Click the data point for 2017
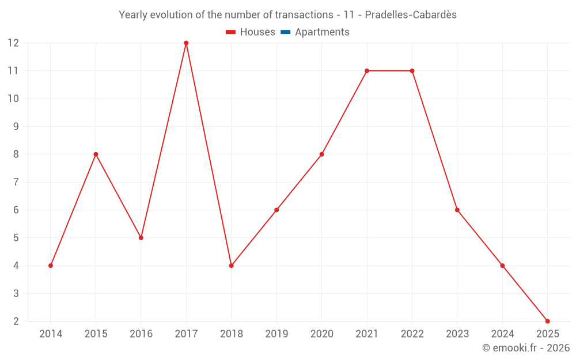pyautogui.click(x=186, y=43)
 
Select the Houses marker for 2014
pyautogui.click(x=51, y=266)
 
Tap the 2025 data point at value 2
pyautogui.click(x=547, y=321)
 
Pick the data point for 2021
pyautogui.click(x=367, y=71)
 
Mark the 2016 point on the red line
pyautogui.click(x=141, y=237)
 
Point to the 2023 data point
pyautogui.click(x=457, y=210)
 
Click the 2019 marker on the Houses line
pyautogui.click(x=276, y=210)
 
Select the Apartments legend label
pyautogui.click(x=322, y=32)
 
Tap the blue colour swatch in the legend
pyautogui.click(x=285, y=32)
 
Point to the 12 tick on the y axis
pyautogui.click(x=13, y=43)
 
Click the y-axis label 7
pyautogui.click(x=16, y=182)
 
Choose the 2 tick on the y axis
pyautogui.click(x=16, y=321)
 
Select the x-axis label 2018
pyautogui.click(x=231, y=334)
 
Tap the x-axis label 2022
pyautogui.click(x=412, y=334)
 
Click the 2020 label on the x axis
pyautogui.click(x=321, y=334)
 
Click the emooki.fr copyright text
pyautogui.click(x=526, y=348)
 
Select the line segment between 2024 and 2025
pyautogui.click(x=525, y=293)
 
